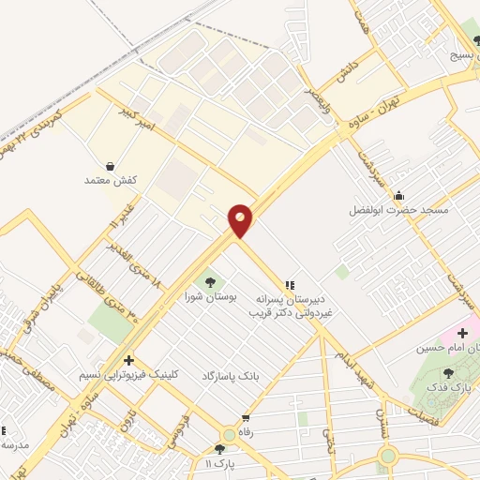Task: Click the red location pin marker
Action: coord(241,220)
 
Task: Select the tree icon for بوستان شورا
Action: coord(208,280)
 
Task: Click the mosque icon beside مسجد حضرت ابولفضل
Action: coord(399,196)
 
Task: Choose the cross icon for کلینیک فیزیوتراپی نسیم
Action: coord(128,360)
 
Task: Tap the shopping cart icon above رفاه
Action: coord(246,419)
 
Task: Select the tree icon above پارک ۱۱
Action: coord(225,449)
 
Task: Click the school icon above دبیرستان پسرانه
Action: coord(290,283)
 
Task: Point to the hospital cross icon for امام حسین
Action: coord(462,333)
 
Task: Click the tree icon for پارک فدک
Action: coord(447,373)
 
